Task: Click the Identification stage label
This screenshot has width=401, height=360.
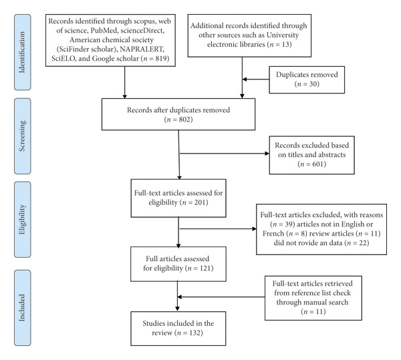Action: click(x=22, y=52)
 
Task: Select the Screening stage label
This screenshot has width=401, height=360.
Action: click(x=22, y=136)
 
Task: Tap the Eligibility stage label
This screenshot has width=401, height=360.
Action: click(x=22, y=220)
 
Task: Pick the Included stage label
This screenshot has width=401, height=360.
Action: click(x=22, y=308)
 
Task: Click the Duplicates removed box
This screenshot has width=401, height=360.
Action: click(x=307, y=79)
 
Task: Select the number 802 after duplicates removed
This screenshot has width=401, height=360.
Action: click(x=184, y=120)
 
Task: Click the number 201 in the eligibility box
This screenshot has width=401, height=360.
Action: click(x=200, y=202)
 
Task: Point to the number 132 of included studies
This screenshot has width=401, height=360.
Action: click(x=195, y=333)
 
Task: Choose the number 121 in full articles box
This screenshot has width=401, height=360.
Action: click(x=205, y=268)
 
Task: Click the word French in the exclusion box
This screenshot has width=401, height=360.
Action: click(x=273, y=234)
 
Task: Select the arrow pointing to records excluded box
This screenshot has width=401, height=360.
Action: click(x=225, y=154)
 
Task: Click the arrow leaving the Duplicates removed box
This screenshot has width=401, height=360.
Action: click(x=256, y=79)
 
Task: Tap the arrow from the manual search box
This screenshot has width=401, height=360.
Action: click(x=221, y=297)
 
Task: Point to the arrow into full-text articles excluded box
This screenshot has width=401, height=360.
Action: click(x=218, y=228)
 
